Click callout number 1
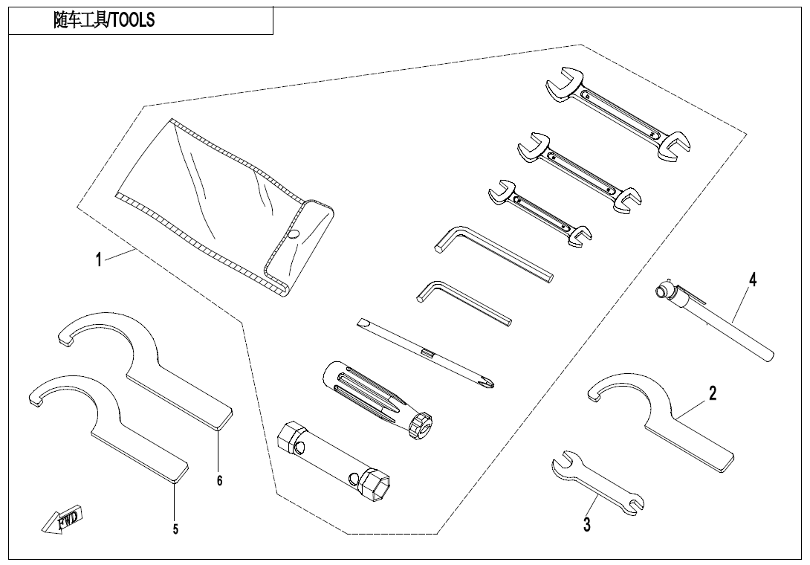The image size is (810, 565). (x=98, y=260)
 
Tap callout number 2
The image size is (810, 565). (x=712, y=393)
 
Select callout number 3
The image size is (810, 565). (x=587, y=525)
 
